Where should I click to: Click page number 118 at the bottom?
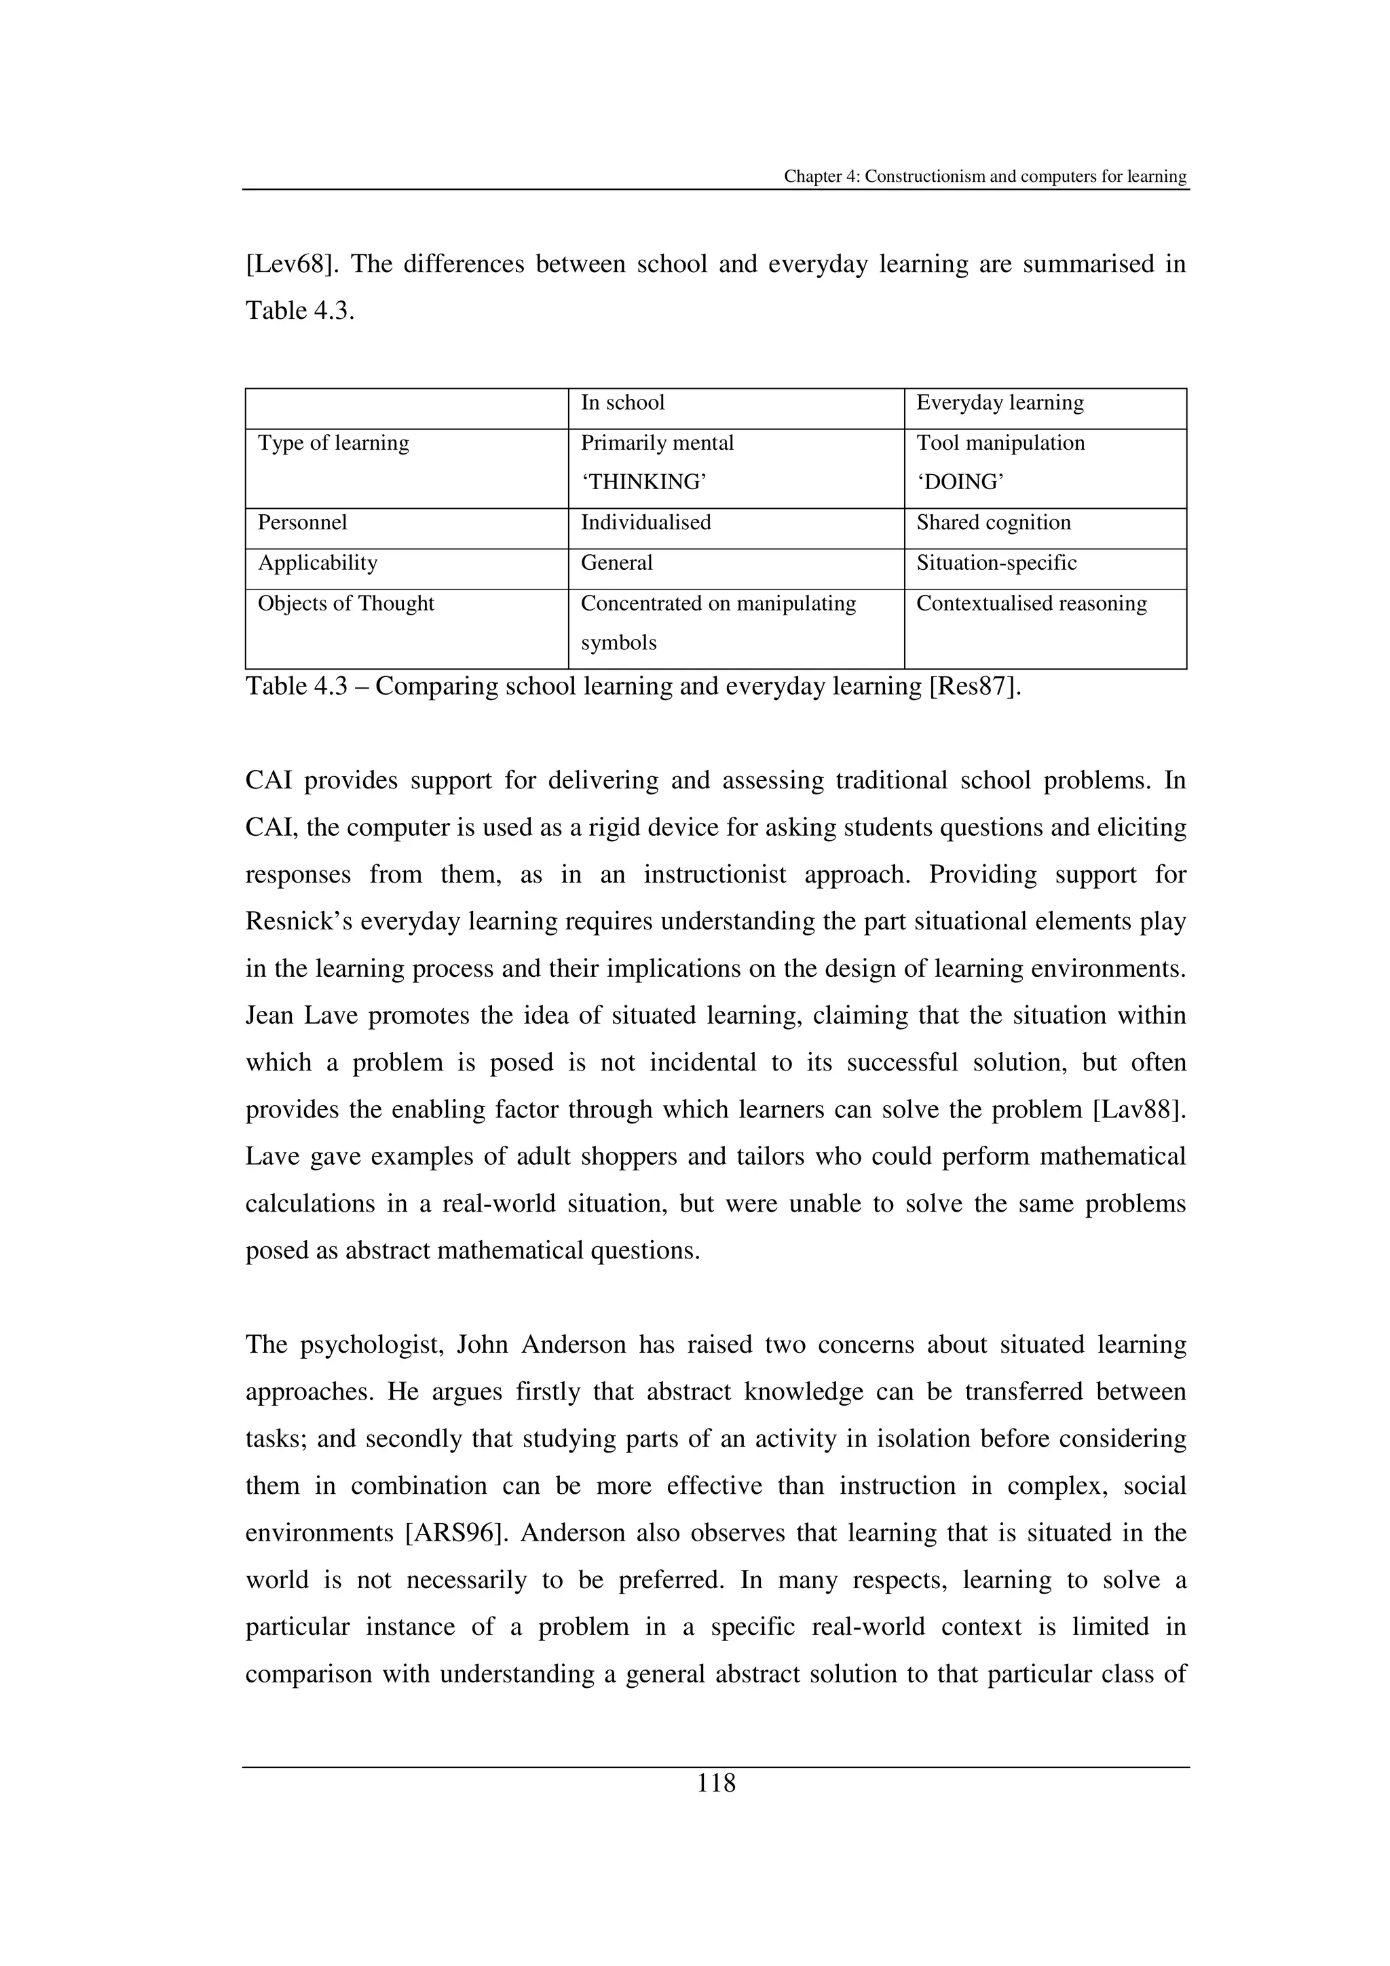point(716,1783)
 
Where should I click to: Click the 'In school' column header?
point(622,402)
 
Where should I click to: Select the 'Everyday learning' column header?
point(1000,402)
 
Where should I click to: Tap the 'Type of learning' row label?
point(334,443)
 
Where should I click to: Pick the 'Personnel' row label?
point(302,522)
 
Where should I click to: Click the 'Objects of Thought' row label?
point(346,603)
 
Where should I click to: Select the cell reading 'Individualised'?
point(645,522)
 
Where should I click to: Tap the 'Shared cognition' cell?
point(994,522)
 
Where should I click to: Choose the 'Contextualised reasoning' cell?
point(1031,603)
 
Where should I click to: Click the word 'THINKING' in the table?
point(644,482)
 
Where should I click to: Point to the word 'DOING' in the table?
point(960,482)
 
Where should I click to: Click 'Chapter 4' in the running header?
point(821,176)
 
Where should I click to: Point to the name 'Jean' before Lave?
point(269,1016)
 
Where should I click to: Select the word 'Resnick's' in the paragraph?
point(298,921)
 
